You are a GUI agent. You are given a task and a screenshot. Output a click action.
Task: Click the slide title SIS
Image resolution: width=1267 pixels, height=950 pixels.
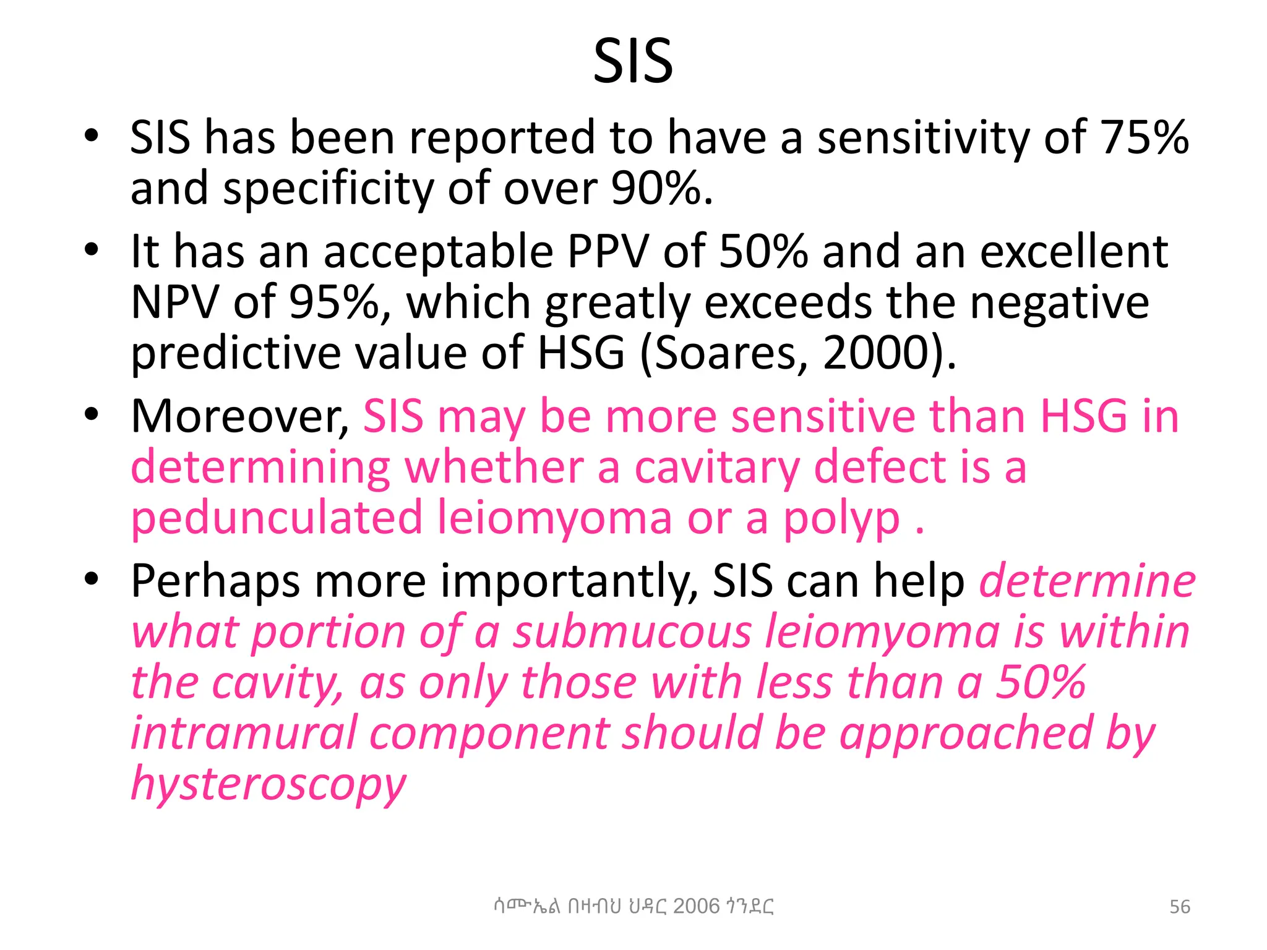633,62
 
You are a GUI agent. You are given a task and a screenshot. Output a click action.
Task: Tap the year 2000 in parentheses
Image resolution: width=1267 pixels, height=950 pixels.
877,353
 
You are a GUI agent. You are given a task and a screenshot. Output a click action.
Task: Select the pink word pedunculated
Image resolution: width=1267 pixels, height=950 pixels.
277,518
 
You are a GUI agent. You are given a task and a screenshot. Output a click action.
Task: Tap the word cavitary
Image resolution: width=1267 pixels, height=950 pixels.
717,468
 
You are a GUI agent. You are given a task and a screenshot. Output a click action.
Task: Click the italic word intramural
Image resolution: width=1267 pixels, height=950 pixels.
244,734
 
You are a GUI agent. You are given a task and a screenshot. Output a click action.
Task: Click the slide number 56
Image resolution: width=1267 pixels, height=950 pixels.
1179,907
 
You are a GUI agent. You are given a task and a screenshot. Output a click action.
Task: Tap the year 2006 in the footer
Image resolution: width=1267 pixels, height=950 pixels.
696,906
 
